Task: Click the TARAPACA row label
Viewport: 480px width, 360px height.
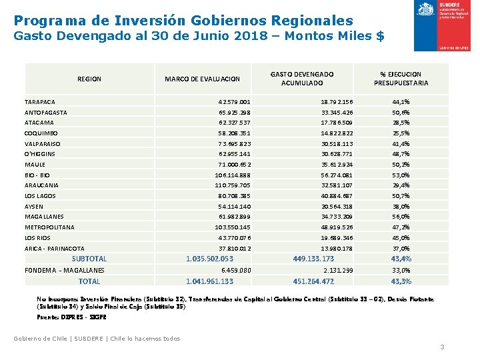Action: click(40, 102)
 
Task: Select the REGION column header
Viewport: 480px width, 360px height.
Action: click(89, 79)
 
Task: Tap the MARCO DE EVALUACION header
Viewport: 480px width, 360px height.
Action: click(202, 79)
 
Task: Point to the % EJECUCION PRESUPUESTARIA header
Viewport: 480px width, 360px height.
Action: click(401, 79)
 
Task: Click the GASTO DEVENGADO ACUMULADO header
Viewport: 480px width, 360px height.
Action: click(303, 79)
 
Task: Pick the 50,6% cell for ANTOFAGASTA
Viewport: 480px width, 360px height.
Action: click(401, 113)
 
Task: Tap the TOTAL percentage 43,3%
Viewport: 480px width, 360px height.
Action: click(401, 281)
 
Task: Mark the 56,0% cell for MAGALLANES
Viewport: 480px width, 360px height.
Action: click(401, 217)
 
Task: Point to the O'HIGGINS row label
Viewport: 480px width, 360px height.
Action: click(40, 154)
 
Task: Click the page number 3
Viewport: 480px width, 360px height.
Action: click(442, 347)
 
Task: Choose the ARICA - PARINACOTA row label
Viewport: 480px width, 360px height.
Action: click(54, 249)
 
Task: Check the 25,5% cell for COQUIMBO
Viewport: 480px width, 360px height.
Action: click(401, 133)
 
